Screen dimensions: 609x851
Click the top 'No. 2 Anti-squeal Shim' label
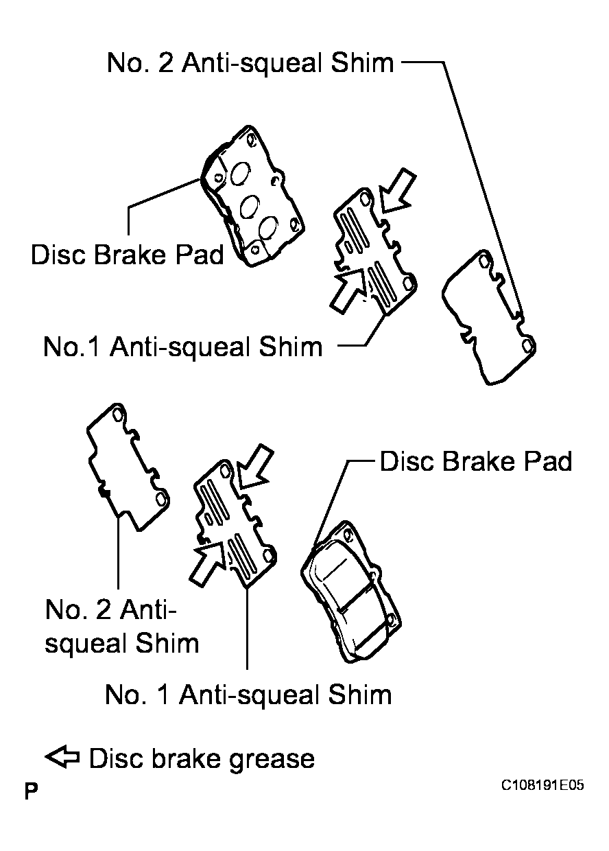click(x=250, y=62)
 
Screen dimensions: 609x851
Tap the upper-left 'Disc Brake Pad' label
click(x=127, y=255)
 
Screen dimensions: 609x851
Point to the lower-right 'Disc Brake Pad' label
click(x=476, y=462)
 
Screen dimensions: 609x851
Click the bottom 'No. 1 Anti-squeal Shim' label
click(x=248, y=695)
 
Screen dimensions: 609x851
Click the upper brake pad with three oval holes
click(x=252, y=196)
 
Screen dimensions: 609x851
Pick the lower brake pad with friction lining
click(x=351, y=592)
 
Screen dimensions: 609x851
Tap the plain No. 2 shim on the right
click(x=489, y=318)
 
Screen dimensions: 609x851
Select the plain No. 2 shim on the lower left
click(x=128, y=467)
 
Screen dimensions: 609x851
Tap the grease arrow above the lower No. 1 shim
click(x=255, y=467)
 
